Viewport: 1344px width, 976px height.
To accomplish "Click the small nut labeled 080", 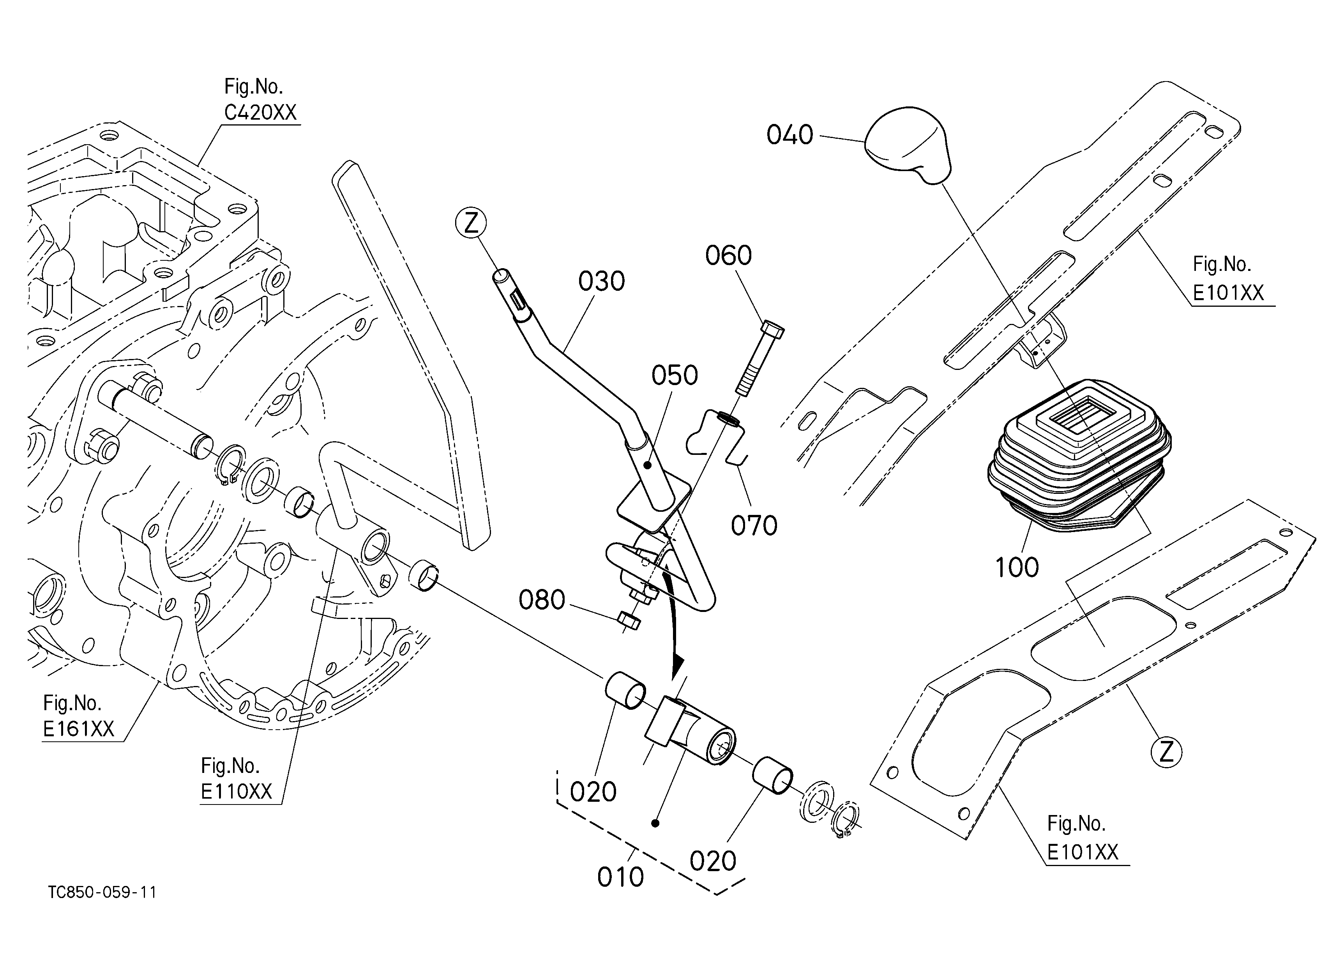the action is tap(629, 621).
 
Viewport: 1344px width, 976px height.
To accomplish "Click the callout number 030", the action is tap(602, 281).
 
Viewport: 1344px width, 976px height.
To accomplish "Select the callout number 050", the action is tap(675, 375).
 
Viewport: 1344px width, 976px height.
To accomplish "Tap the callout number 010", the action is tap(620, 877).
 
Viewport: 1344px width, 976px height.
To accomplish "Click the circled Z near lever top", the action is tap(471, 223).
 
